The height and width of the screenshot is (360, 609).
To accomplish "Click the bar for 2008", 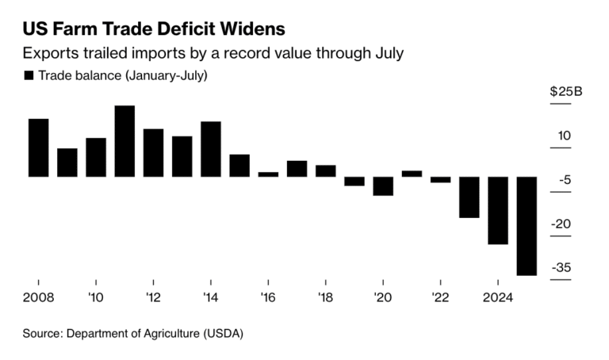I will [x=39, y=147].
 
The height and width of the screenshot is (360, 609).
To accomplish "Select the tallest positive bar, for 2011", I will [x=124, y=141].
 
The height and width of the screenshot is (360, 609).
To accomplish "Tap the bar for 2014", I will [x=211, y=149].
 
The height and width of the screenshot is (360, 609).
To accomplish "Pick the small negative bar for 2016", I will [x=268, y=174].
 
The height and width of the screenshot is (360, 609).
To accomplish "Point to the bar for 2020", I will [x=383, y=186].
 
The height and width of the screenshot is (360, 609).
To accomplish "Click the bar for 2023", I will [x=469, y=197].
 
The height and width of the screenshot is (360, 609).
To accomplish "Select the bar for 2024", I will [x=498, y=210].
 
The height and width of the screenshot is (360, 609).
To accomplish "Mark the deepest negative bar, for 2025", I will [x=527, y=226].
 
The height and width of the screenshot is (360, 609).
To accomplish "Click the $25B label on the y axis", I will [x=566, y=92].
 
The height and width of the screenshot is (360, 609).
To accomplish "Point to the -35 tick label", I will [x=565, y=268].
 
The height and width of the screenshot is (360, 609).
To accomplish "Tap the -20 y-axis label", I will [x=565, y=224].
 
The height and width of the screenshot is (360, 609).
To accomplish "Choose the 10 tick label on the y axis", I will [x=565, y=136].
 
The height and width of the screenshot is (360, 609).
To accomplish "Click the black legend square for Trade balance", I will [x=29, y=75].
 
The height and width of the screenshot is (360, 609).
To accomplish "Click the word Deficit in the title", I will [x=183, y=29].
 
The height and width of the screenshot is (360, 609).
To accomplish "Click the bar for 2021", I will [x=412, y=173].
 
